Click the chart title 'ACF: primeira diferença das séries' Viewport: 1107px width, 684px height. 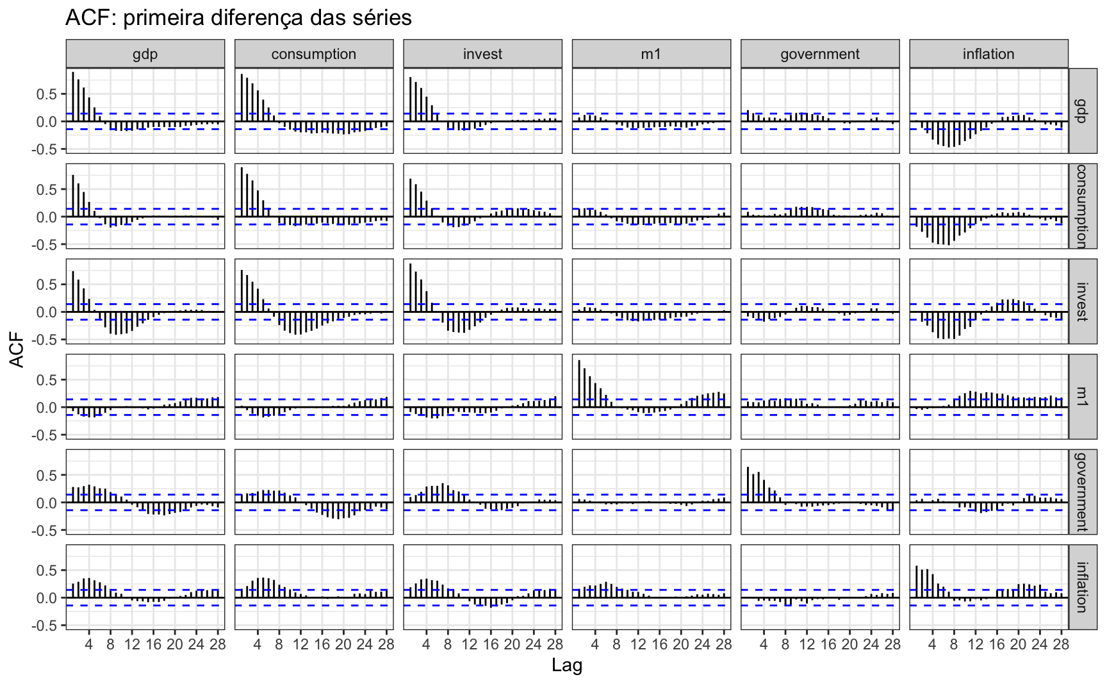[238, 17]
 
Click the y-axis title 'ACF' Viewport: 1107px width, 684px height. [17, 349]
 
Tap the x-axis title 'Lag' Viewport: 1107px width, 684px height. [567, 666]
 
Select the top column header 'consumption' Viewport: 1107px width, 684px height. [314, 54]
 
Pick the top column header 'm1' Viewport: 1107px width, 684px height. [651, 54]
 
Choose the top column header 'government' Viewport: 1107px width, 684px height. [820, 54]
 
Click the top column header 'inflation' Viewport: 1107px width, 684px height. [988, 54]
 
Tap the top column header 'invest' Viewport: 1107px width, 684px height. [482, 54]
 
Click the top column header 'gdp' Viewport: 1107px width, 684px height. [145, 54]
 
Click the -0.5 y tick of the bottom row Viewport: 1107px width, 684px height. [48, 626]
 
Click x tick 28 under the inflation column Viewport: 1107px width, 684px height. [1061, 644]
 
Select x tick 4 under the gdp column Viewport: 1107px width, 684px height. [89, 644]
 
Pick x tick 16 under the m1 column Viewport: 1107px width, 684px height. [660, 644]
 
